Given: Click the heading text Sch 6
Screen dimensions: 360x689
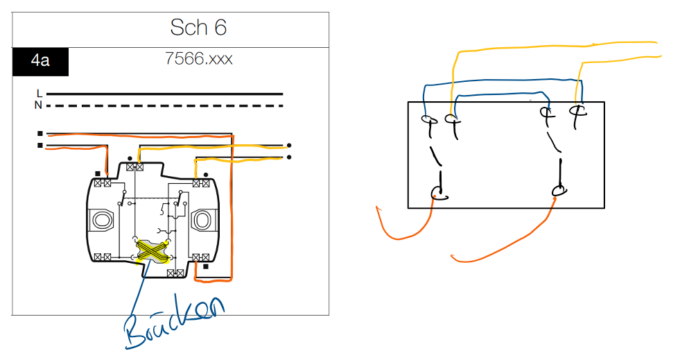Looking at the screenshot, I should pyautogui.click(x=198, y=28).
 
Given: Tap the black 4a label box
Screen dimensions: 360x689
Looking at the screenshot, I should pyautogui.click(x=40, y=62).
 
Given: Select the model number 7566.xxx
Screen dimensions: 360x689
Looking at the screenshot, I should pyautogui.click(x=198, y=58).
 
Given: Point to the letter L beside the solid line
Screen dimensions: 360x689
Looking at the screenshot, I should pyautogui.click(x=40, y=93).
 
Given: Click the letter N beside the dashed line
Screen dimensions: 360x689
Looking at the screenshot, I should pyautogui.click(x=40, y=105).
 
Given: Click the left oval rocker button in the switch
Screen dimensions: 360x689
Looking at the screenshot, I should pyautogui.click(x=103, y=221).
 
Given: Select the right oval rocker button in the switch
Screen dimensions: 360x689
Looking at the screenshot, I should pyautogui.click(x=202, y=221).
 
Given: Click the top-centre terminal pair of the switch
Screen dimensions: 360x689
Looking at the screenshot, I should pyautogui.click(x=135, y=167).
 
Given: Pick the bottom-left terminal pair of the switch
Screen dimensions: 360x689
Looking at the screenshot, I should pyautogui.click(x=103, y=257).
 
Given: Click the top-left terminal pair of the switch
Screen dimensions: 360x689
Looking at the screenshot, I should pyautogui.click(x=103, y=183).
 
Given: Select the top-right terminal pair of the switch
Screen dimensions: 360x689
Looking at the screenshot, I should pyautogui.click(x=202, y=183).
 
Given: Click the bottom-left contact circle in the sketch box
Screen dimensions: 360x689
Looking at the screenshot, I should pyautogui.click(x=437, y=192).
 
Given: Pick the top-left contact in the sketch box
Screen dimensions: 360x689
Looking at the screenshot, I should pyautogui.click(x=428, y=119).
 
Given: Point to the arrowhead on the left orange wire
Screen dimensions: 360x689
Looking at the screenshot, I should pyautogui.click(x=378, y=207).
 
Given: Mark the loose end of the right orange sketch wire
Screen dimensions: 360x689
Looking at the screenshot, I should pyautogui.click(x=453, y=257).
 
